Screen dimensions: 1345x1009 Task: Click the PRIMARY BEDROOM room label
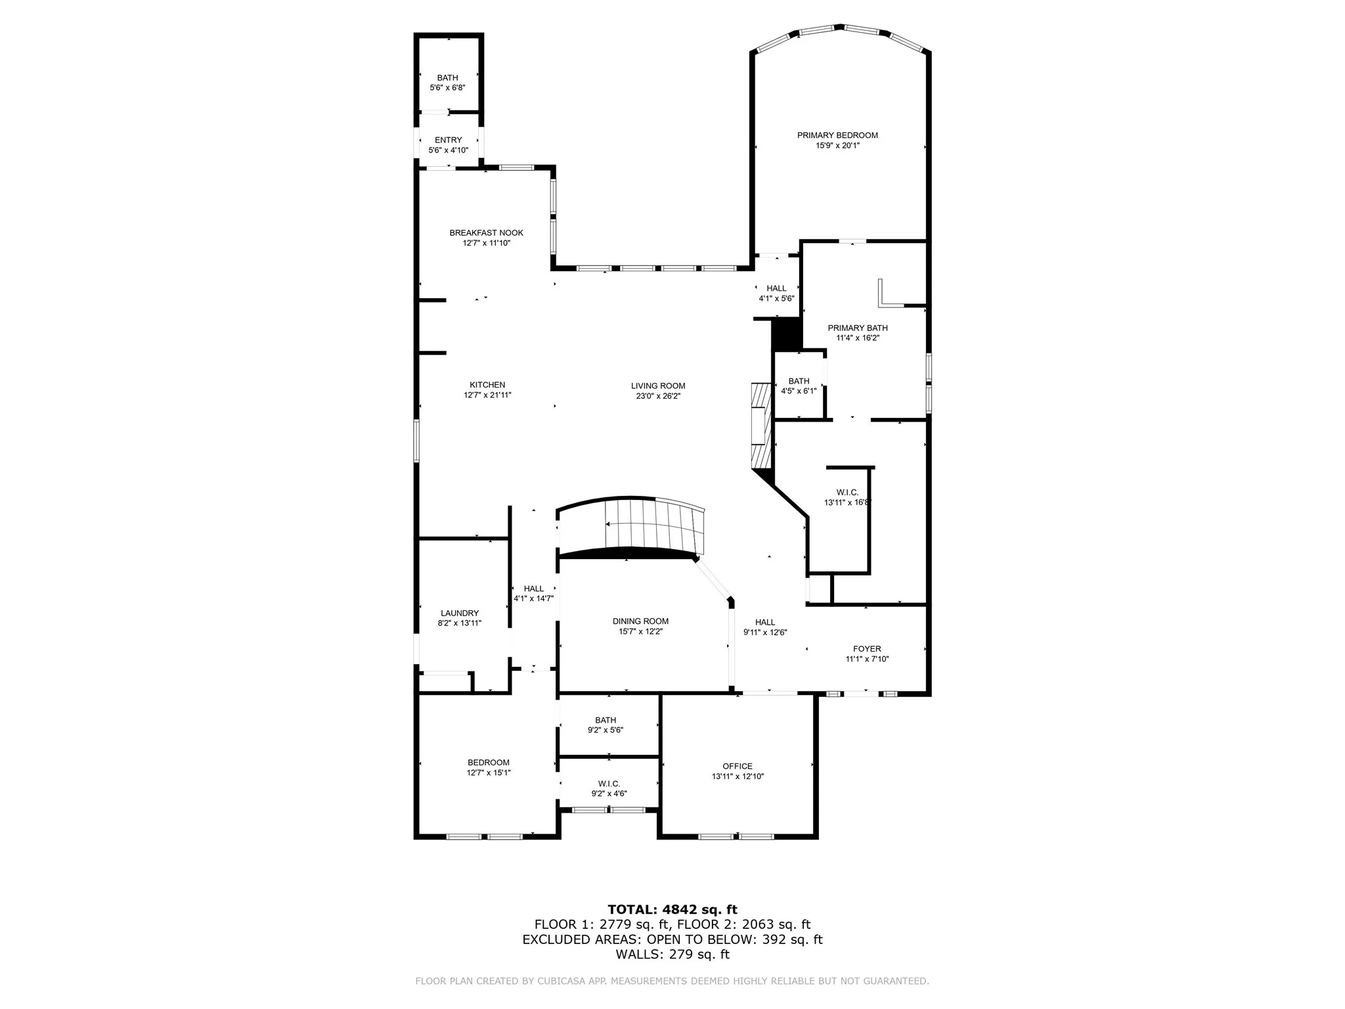837,135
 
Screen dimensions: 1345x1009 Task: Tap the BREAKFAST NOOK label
487,233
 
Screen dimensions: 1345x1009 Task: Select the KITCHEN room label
487,385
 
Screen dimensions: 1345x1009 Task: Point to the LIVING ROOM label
658,386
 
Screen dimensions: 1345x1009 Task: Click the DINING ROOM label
640,621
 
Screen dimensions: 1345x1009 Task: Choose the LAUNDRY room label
460,613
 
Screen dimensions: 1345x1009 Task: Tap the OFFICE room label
738,766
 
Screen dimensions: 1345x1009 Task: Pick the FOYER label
867,649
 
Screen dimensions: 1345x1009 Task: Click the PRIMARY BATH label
858,328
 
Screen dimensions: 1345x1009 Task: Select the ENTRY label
449,140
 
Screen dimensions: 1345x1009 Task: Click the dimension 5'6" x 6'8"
448,88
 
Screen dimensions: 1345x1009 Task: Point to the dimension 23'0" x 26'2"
658,396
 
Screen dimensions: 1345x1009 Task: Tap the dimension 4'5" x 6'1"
799,391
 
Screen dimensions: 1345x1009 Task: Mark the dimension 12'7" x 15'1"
489,773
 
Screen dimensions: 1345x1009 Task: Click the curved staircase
630,527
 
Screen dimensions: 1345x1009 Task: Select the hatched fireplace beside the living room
762,426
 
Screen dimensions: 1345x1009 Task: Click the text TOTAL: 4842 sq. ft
672,910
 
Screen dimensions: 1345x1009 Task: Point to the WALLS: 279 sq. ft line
672,954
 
